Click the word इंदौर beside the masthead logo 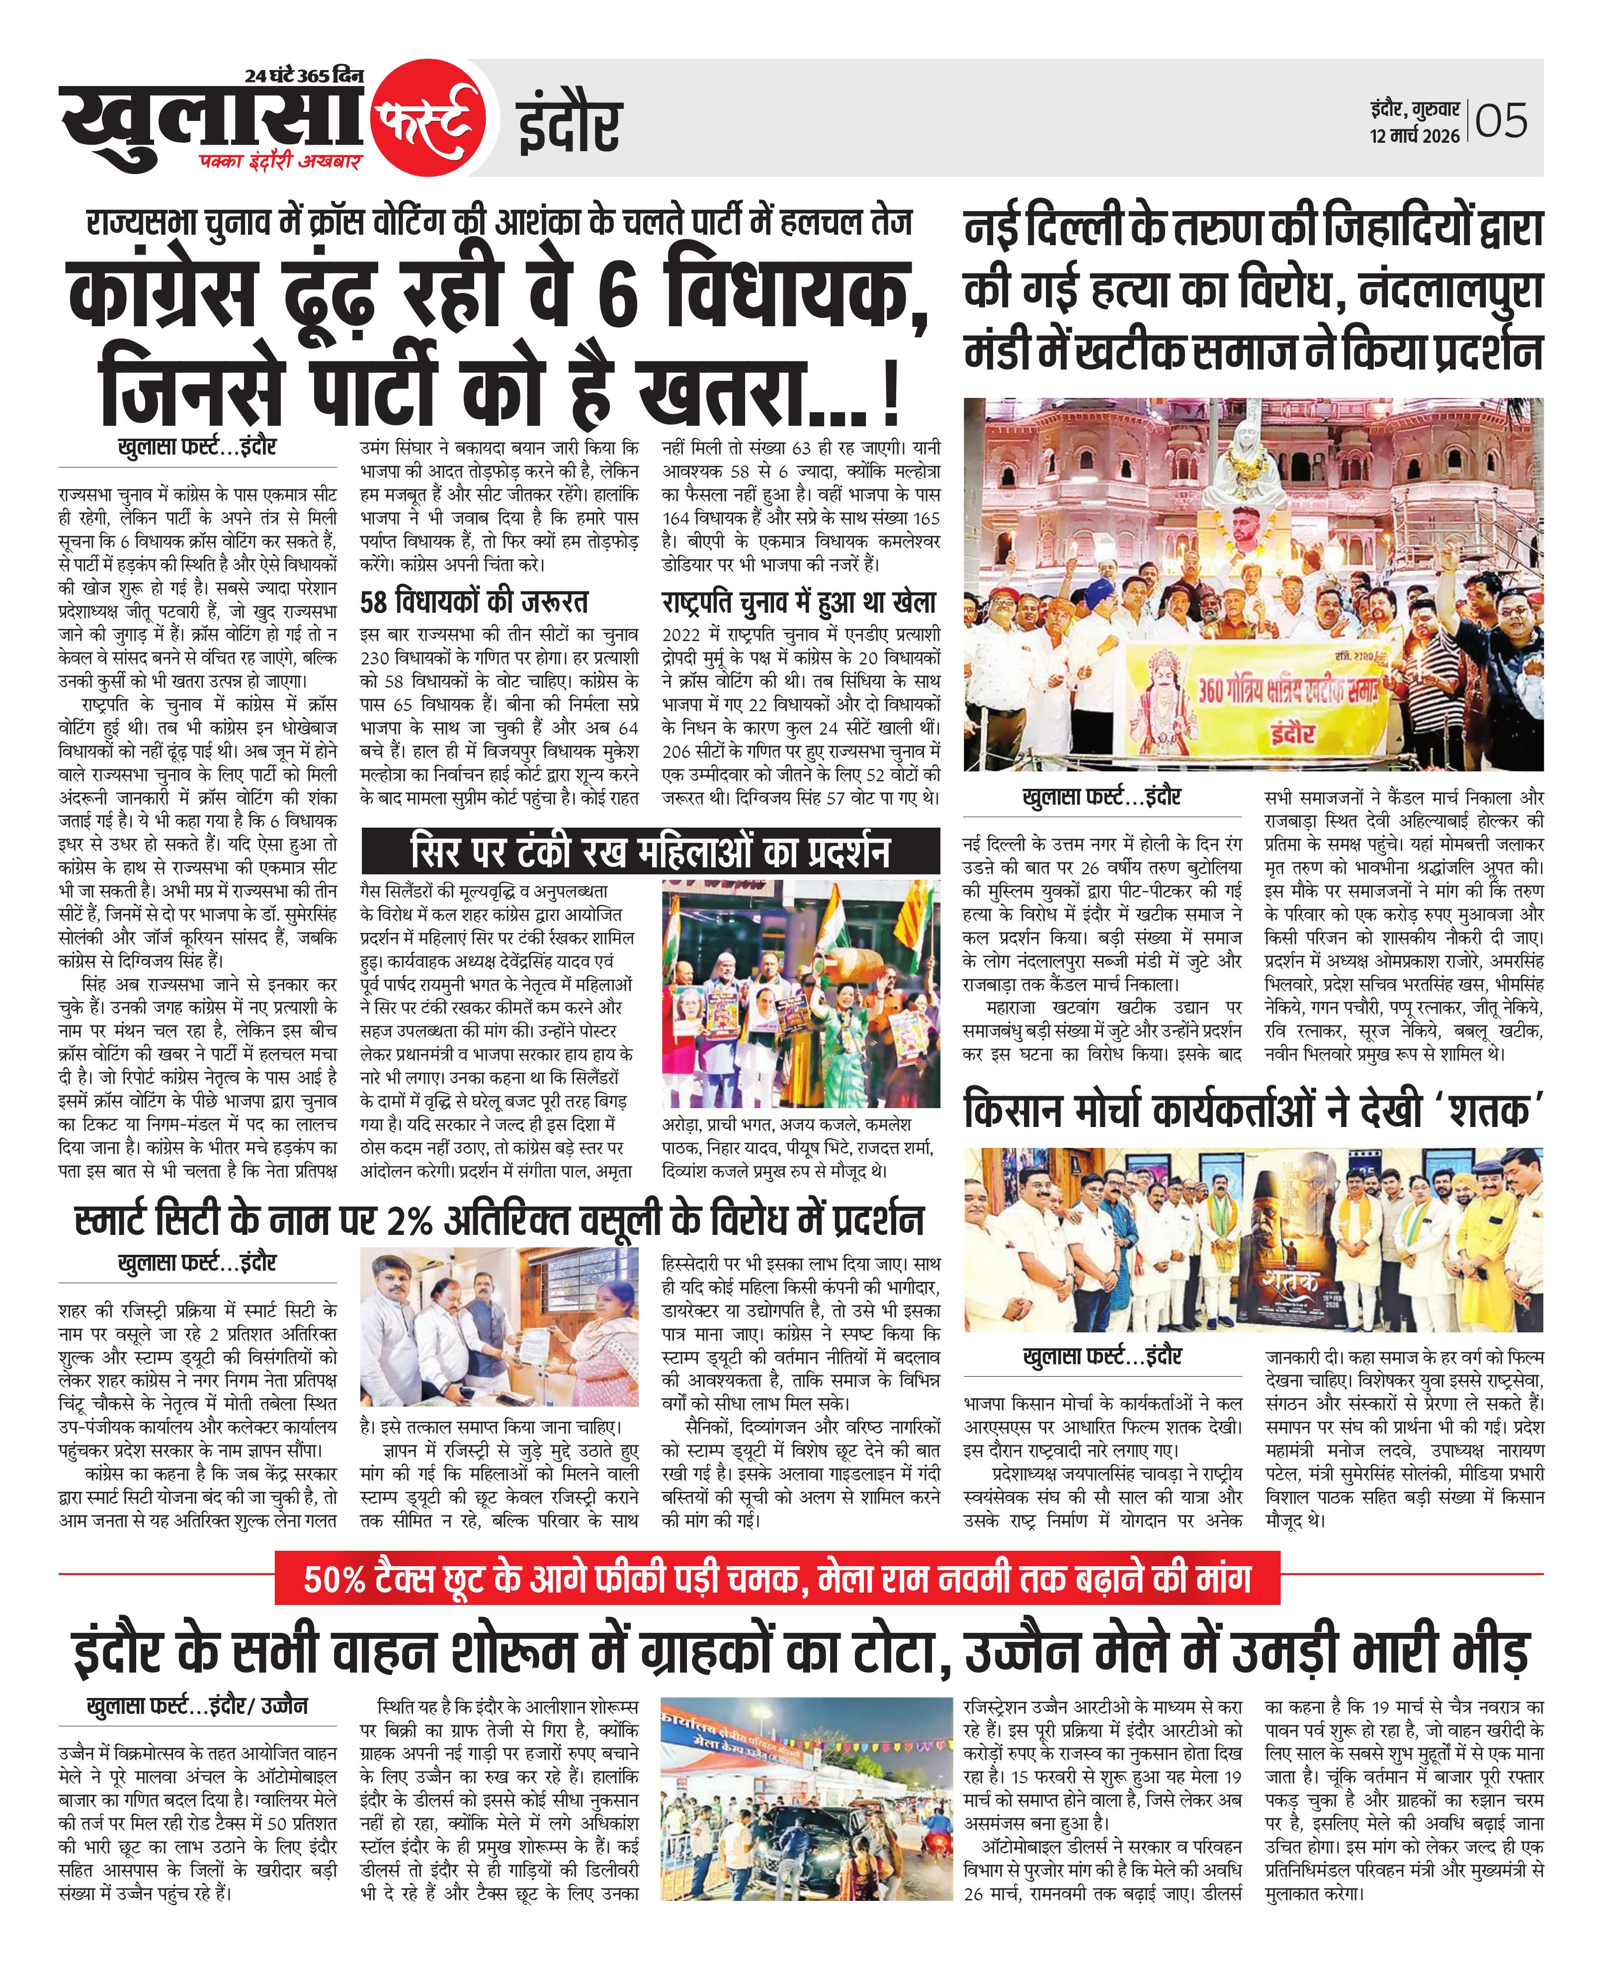[x=568, y=126]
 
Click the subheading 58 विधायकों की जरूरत [x=474, y=602]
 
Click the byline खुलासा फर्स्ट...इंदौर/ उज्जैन [x=197, y=1705]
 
